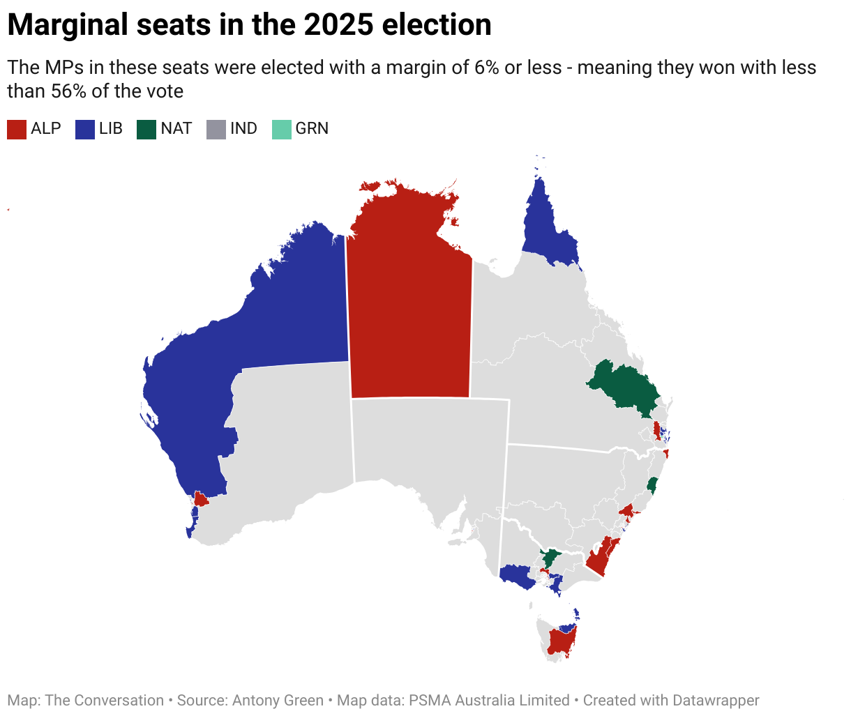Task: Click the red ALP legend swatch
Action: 17,129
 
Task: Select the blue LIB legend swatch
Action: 85,129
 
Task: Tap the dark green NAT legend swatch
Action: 146,129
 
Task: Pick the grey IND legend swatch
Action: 216,129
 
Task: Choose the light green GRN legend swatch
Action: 281,129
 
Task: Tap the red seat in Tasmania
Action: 560,641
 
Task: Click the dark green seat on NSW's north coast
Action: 653,485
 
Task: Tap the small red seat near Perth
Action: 201,499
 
